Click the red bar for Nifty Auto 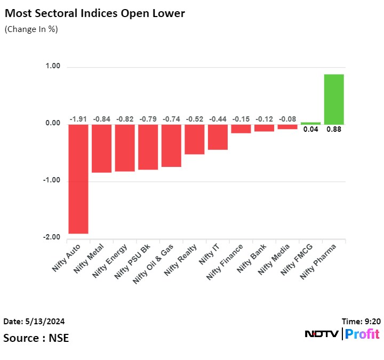click(x=78, y=179)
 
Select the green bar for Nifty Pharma click(x=334, y=99)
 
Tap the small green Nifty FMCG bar click(x=310, y=123)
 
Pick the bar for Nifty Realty click(x=195, y=139)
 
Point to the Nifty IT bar click(x=218, y=137)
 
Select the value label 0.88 click(x=334, y=130)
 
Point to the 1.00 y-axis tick click(x=53, y=67)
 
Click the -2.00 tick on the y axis click(x=52, y=237)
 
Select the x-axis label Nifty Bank click(x=252, y=258)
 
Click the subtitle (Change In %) click(x=31, y=29)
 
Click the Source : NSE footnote click(x=36, y=338)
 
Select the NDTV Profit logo click(x=342, y=334)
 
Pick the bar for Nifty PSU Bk click(x=148, y=147)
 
